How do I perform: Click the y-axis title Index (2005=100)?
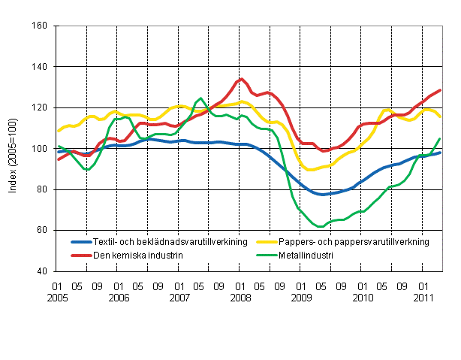click(13, 149)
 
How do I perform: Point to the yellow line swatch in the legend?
click(271, 242)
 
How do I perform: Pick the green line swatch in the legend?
click(271, 255)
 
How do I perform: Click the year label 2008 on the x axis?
click(240, 298)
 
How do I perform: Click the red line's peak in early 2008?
click(241, 78)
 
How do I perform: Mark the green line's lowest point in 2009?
click(321, 226)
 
